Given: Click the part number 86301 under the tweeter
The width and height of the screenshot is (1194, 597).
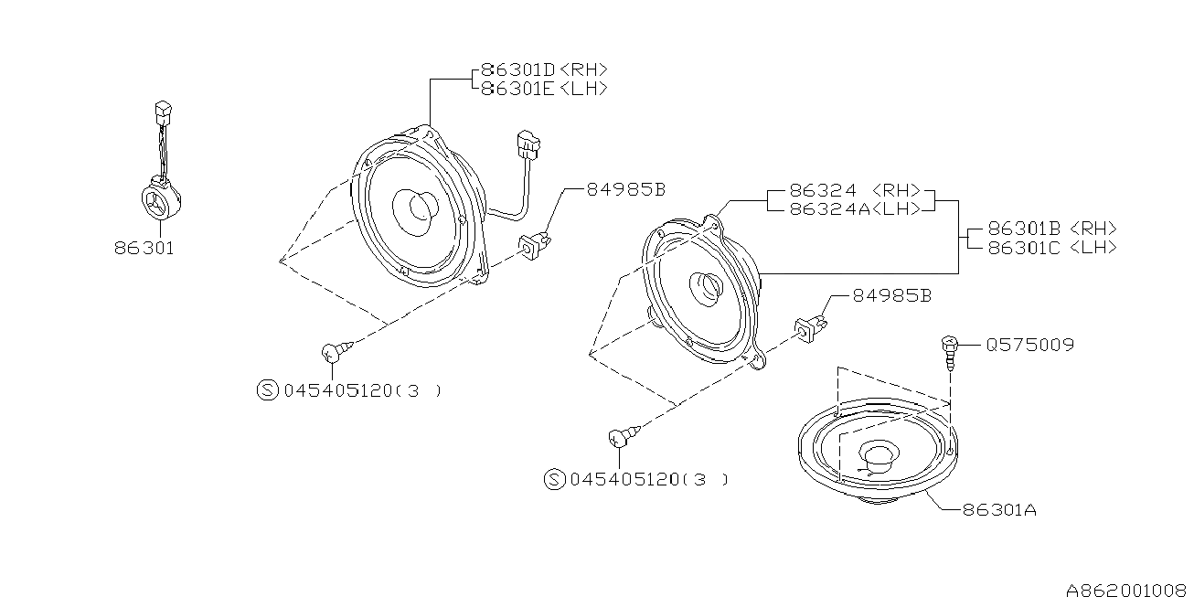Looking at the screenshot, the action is tap(144, 249).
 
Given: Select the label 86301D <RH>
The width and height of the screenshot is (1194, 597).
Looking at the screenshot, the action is tap(544, 69).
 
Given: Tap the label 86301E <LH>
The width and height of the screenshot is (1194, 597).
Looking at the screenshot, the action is tap(544, 89).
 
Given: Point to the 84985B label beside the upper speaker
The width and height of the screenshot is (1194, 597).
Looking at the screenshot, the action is tap(626, 190).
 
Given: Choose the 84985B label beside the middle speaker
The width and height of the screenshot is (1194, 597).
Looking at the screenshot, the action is tap(892, 296).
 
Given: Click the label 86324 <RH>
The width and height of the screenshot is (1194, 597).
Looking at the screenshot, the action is tap(855, 190).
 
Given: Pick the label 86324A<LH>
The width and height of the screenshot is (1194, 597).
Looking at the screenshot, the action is tap(855, 209).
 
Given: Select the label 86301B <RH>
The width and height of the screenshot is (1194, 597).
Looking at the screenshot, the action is tap(1052, 229).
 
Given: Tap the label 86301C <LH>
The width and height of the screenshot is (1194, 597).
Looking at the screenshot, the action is tap(1052, 248).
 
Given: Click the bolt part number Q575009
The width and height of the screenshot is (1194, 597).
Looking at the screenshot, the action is tap(1029, 345).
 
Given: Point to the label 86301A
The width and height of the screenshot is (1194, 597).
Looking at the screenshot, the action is tap(999, 510).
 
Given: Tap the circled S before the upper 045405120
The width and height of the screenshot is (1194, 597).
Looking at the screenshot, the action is tap(268, 390).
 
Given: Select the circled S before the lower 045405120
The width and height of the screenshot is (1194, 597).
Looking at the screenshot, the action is tap(554, 479).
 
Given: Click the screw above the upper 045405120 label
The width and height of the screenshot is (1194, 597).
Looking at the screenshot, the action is tap(336, 351).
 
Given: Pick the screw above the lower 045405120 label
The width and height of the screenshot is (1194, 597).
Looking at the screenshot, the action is tap(624, 436).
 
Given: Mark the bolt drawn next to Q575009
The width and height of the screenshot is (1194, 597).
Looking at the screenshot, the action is tap(949, 352).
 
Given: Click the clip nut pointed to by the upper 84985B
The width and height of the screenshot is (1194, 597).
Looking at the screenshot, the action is tap(534, 245).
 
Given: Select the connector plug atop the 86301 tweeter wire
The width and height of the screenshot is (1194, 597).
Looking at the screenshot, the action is tap(163, 113).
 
